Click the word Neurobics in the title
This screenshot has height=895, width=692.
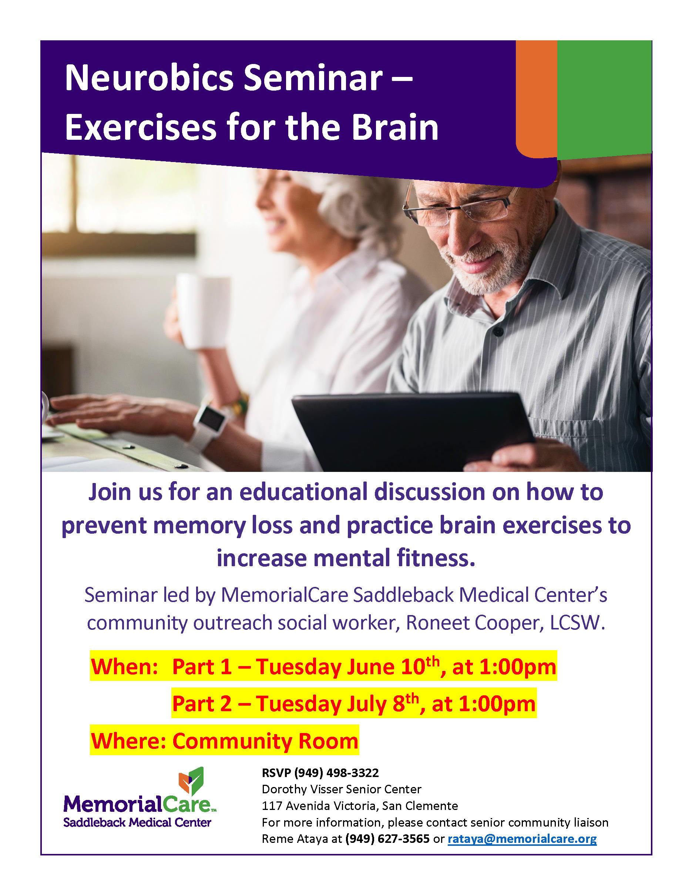coord(149,78)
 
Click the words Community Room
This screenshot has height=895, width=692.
coord(265,741)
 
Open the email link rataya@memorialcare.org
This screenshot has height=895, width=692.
coord(522,839)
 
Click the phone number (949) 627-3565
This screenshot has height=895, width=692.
coord(387,839)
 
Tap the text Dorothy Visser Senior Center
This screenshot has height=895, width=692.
coord(342,789)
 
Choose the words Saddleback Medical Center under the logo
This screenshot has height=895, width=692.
coord(137,823)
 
